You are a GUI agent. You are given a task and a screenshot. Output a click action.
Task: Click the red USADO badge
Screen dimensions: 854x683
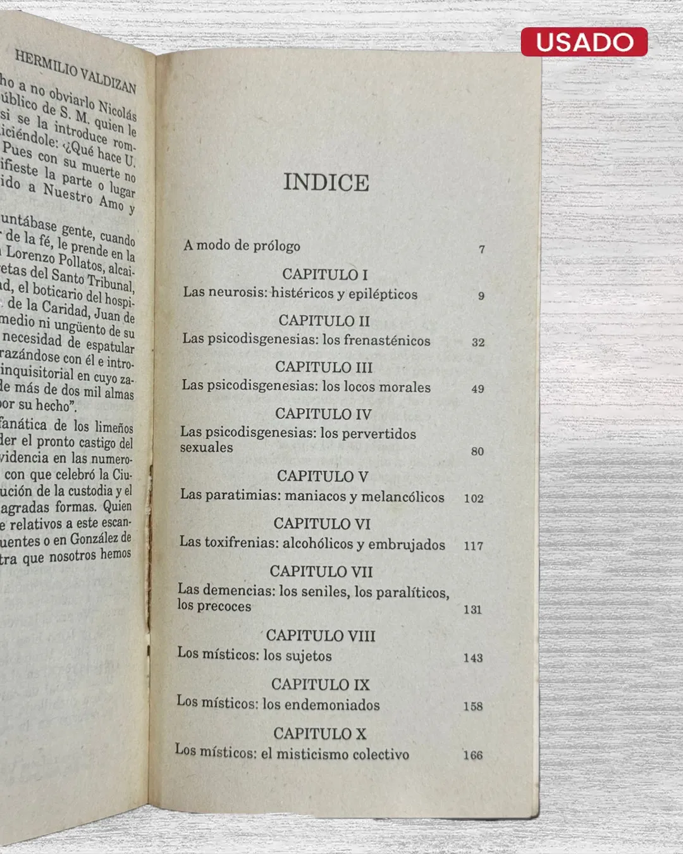(584, 42)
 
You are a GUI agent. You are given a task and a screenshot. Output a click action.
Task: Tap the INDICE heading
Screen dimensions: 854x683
(326, 182)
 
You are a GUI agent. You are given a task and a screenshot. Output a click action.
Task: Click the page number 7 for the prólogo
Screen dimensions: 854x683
(482, 249)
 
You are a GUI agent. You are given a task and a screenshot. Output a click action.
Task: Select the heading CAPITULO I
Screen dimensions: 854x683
(324, 274)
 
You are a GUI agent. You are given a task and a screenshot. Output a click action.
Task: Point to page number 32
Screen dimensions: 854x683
(478, 342)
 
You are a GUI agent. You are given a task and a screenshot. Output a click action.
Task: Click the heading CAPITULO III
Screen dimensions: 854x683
(323, 367)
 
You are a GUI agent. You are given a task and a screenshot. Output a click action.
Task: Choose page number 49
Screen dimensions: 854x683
(477, 389)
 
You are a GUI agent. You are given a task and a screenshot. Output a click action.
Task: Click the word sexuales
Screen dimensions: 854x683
(206, 447)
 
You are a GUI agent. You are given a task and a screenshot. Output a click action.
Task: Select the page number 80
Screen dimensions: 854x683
(477, 451)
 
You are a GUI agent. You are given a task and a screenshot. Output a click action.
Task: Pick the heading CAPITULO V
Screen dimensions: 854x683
(322, 476)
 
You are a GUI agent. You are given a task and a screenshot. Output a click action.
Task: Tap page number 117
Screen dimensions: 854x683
(473, 545)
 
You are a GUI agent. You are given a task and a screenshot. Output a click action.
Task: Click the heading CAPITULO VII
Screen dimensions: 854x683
(321, 571)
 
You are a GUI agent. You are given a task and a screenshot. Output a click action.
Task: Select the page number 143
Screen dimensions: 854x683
(472, 658)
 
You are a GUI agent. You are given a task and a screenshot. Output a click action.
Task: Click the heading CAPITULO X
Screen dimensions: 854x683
(319, 733)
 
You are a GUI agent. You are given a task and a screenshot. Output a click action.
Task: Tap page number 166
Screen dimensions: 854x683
(472, 755)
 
